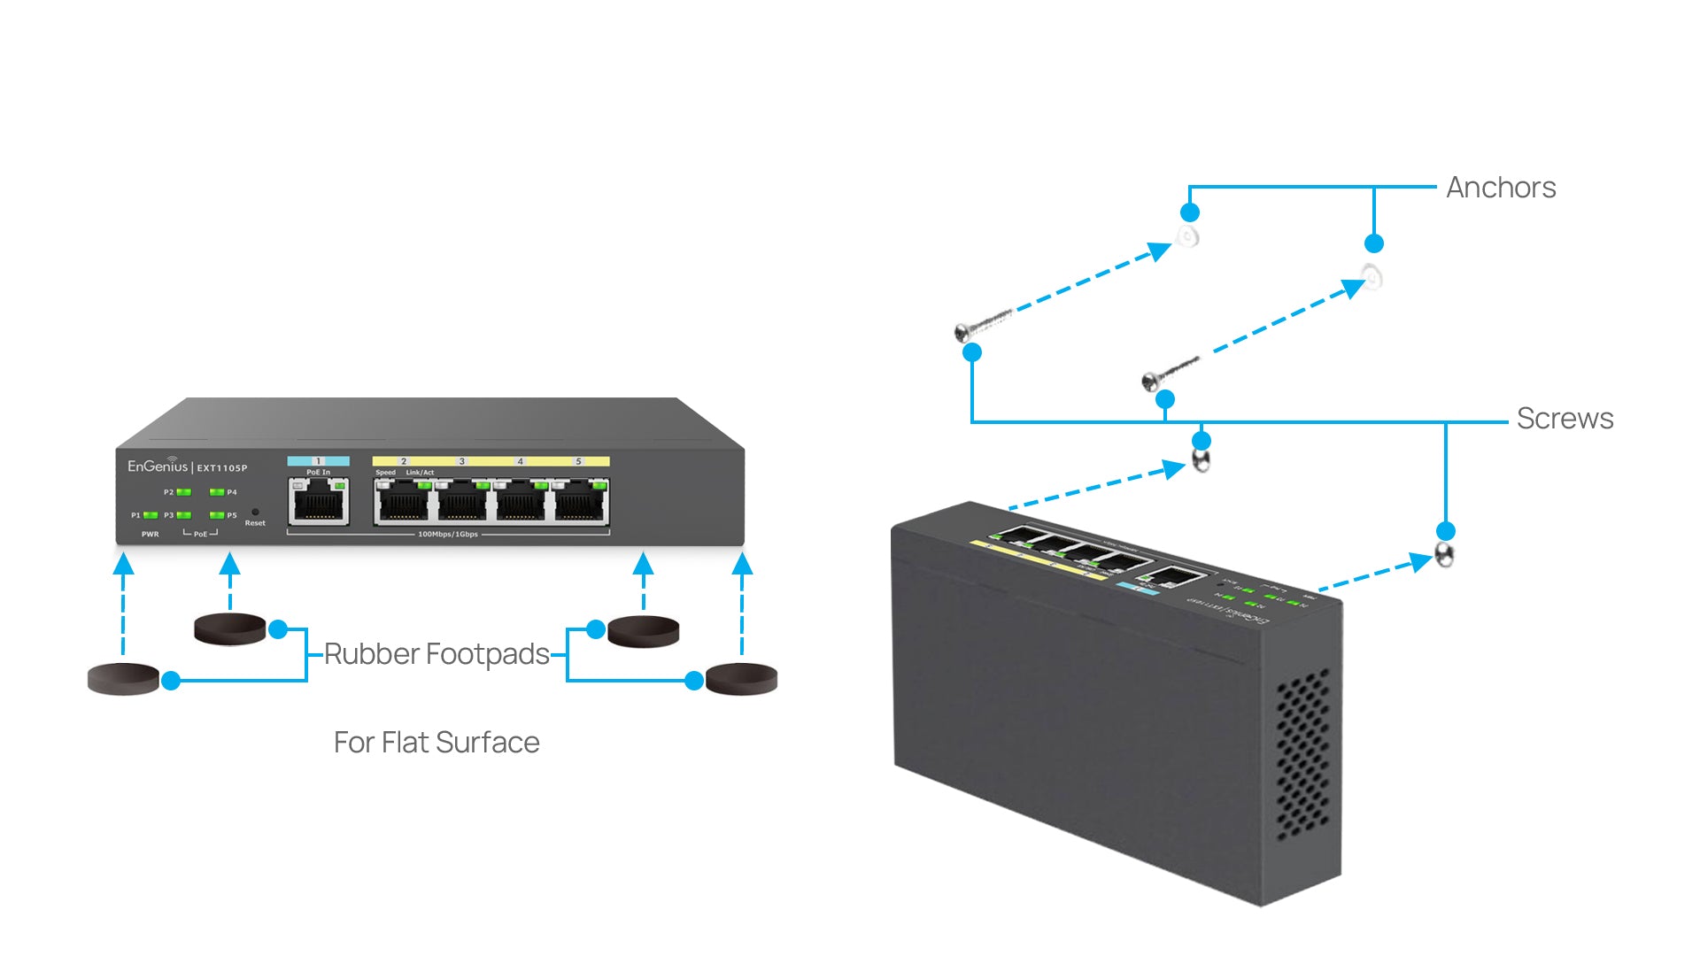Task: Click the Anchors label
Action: (1501, 188)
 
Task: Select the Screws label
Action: (1565, 419)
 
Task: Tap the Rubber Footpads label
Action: (437, 654)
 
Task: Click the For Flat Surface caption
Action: (437, 742)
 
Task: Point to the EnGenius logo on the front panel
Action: (158, 466)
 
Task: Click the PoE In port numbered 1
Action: (319, 503)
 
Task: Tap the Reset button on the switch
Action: (255, 513)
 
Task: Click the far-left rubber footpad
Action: (123, 679)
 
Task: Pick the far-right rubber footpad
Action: (741, 679)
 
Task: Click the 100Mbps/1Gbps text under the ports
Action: (448, 535)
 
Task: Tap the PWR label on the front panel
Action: (150, 535)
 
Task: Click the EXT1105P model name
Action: (222, 468)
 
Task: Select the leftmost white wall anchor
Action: (1187, 236)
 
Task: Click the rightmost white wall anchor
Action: (1372, 277)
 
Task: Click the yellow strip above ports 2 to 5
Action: (491, 461)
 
